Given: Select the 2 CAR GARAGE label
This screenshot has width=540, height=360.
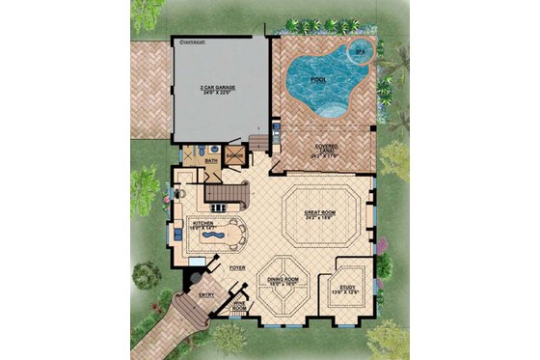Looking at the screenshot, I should (219, 86).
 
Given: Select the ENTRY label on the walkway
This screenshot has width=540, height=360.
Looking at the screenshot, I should (205, 294).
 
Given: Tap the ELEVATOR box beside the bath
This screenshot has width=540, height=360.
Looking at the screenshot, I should (233, 153).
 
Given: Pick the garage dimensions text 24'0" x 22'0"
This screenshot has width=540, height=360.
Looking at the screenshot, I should (219, 92).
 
